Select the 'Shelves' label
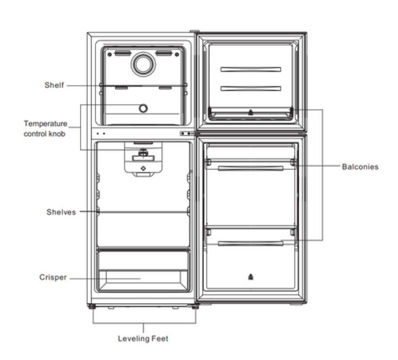tap(61, 212)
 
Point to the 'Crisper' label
tap(53, 277)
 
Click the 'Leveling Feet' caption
tap(143, 339)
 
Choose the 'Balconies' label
tap(360, 167)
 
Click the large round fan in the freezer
tap(143, 64)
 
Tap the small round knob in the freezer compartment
tap(143, 108)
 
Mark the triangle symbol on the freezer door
tap(251, 113)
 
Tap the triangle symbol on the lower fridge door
tap(251, 278)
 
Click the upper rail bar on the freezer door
tap(251, 69)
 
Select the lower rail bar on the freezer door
tap(251, 88)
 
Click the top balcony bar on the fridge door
tap(251, 168)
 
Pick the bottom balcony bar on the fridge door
tap(251, 243)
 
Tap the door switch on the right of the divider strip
tap(187, 133)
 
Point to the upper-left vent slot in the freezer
tap(123, 53)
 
